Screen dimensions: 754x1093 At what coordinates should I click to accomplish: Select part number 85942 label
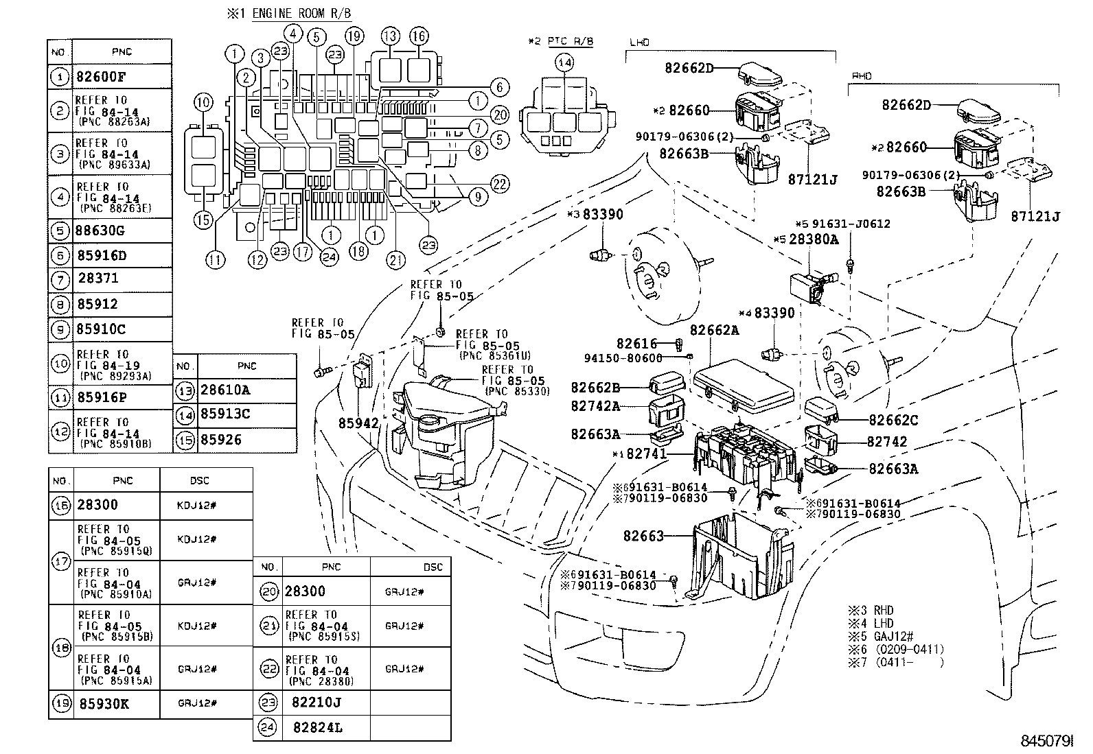358,424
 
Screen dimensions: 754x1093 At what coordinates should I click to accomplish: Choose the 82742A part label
595,406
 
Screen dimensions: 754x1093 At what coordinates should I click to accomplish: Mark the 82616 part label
636,344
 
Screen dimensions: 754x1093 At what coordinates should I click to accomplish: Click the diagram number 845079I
1046,742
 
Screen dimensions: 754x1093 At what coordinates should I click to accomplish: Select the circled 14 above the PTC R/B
564,64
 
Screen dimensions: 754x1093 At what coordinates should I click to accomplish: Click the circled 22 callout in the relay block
500,182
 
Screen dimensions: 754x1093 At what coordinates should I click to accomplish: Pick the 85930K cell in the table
104,704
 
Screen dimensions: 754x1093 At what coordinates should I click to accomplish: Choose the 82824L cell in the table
317,727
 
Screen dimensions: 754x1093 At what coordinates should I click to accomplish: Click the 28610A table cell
225,390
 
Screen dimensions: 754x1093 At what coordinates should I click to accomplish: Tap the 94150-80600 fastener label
623,357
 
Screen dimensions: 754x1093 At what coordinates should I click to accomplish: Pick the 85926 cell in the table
221,440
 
